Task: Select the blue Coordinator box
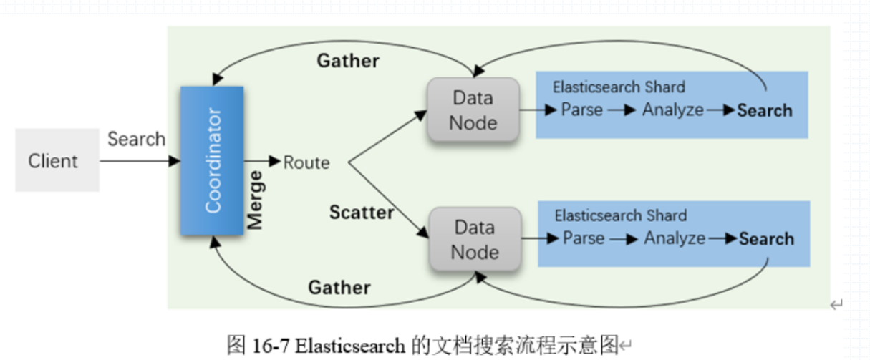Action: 212,160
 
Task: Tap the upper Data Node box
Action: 473,110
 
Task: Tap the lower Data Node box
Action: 474,240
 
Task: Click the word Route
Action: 306,162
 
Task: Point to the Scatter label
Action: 362,212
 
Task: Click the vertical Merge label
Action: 255,200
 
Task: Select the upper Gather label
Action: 348,61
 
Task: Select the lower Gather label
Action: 339,287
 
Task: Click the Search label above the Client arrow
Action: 136,139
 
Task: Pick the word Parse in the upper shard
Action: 582,110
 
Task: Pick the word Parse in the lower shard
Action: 584,238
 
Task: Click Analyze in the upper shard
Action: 673,110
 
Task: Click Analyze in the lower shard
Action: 675,238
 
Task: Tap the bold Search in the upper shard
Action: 765,110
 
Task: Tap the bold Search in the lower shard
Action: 766,239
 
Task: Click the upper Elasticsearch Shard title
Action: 619,87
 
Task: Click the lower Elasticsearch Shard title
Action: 620,215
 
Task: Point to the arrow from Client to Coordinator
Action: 140,161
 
